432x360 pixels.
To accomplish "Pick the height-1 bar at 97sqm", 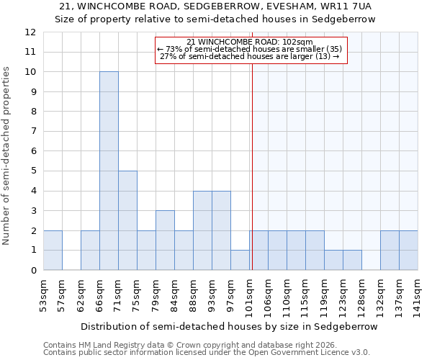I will click(x=240, y=260).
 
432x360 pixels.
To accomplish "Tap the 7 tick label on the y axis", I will click(x=33, y=131).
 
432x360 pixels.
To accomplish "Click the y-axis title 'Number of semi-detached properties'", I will click(x=7, y=155).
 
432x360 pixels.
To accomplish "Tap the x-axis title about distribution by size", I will click(x=229, y=326).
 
